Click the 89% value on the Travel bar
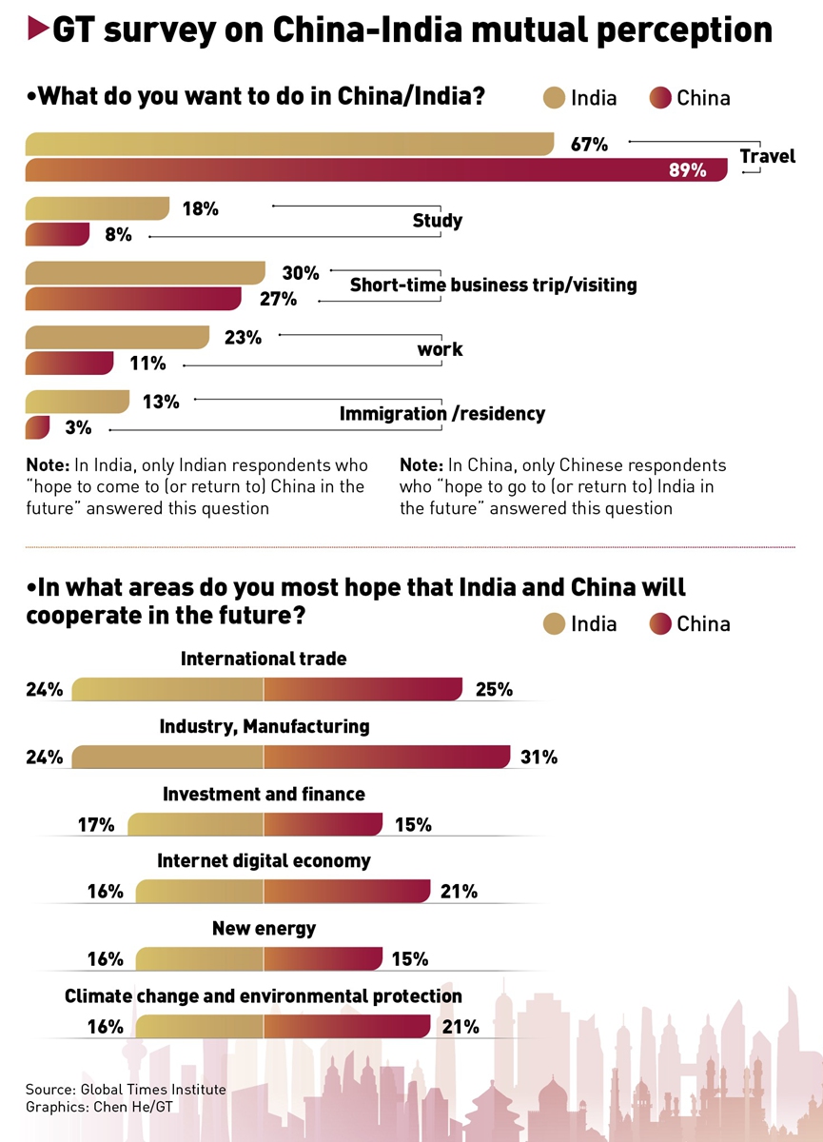(687, 170)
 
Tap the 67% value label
(589, 145)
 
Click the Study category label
(438, 221)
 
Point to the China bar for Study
(57, 234)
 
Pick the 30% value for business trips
(301, 273)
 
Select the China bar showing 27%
(133, 299)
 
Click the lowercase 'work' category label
(440, 349)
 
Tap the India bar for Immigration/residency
(77, 402)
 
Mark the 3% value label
(78, 428)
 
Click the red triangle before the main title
(37, 30)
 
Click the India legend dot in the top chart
(554, 97)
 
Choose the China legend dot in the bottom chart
(659, 624)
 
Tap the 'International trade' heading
(264, 659)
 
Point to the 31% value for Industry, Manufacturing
(539, 758)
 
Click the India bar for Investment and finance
(195, 824)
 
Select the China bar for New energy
(323, 959)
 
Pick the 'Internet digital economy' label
(264, 861)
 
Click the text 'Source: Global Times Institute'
(126, 1090)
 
